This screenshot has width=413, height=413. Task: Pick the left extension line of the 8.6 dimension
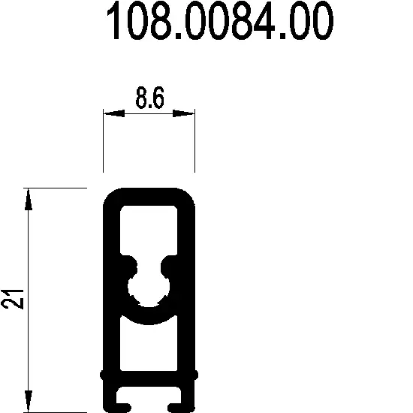pos(103,143)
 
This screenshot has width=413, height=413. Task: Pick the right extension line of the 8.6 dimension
pos(194,143)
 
